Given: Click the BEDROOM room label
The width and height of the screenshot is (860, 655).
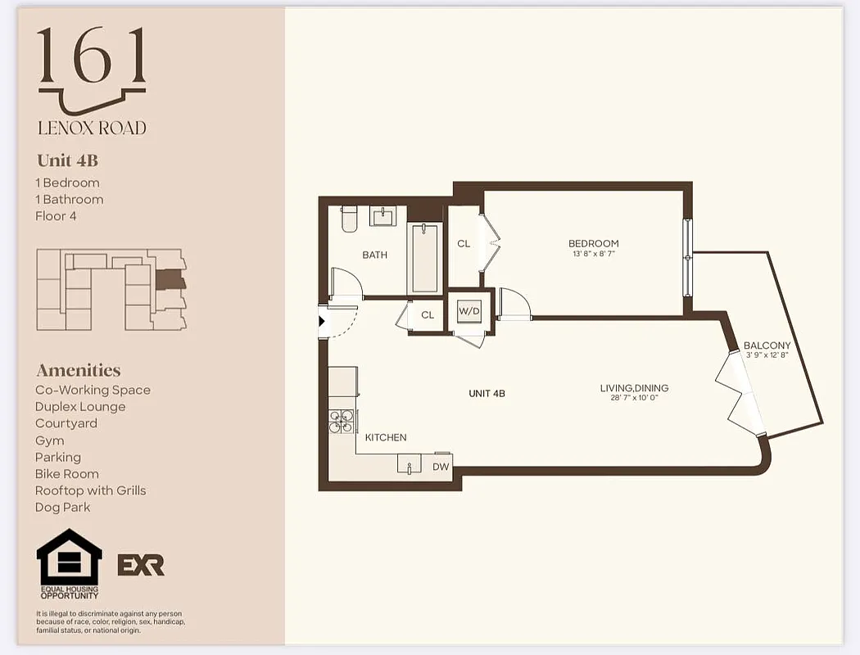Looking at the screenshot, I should [x=594, y=243].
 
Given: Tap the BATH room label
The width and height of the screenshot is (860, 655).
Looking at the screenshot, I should [x=374, y=255].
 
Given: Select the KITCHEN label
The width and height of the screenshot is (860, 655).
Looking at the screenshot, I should [x=386, y=437].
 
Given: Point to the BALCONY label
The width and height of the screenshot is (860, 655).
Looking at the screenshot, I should [x=767, y=346].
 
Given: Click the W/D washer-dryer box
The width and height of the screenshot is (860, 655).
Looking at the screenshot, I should [x=469, y=311].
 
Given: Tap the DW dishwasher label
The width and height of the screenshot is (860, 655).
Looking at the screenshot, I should [x=441, y=467].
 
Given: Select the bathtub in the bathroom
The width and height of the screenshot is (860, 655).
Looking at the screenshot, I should [x=424, y=257].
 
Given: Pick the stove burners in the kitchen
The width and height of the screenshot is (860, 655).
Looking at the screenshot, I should [x=342, y=421].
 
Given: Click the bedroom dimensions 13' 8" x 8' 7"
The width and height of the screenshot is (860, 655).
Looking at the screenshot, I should [x=594, y=255].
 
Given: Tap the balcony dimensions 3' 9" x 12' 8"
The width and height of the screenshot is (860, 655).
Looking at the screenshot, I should [x=767, y=355].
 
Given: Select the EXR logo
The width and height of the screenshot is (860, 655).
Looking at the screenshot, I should [x=141, y=565].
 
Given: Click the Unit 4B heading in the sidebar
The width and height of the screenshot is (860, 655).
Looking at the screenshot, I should [x=67, y=160].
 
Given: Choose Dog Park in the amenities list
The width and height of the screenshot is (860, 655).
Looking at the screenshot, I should [x=62, y=507].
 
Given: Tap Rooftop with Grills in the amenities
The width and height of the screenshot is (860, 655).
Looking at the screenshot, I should [x=90, y=490].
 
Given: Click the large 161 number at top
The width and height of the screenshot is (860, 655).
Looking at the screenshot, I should [x=92, y=56].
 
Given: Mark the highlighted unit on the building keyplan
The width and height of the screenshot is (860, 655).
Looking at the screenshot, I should [x=169, y=280].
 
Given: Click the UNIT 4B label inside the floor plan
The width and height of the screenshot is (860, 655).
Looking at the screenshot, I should [x=487, y=393].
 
